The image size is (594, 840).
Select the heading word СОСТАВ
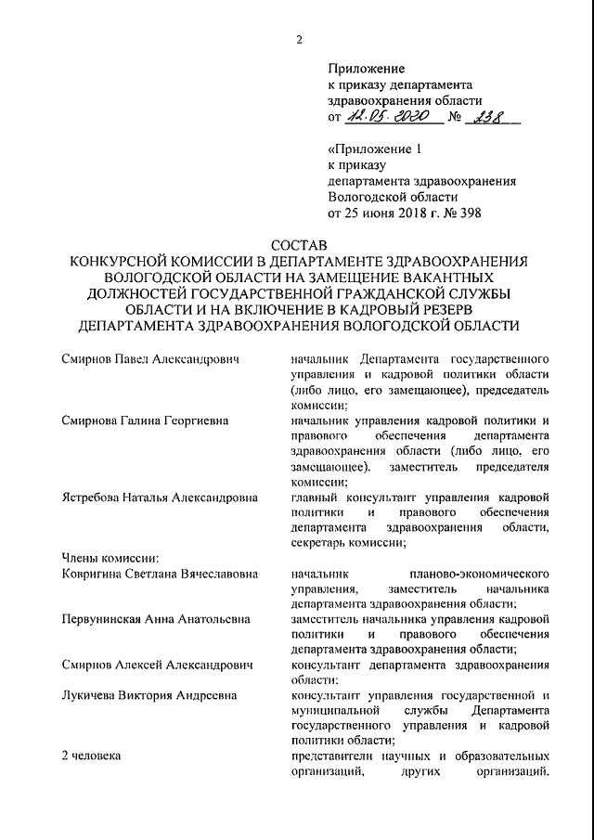[299, 245]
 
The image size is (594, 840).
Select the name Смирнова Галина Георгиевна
[146, 420]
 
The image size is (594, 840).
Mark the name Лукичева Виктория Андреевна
[148, 695]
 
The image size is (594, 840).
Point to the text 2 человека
[91, 756]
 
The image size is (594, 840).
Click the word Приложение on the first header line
[366, 69]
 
